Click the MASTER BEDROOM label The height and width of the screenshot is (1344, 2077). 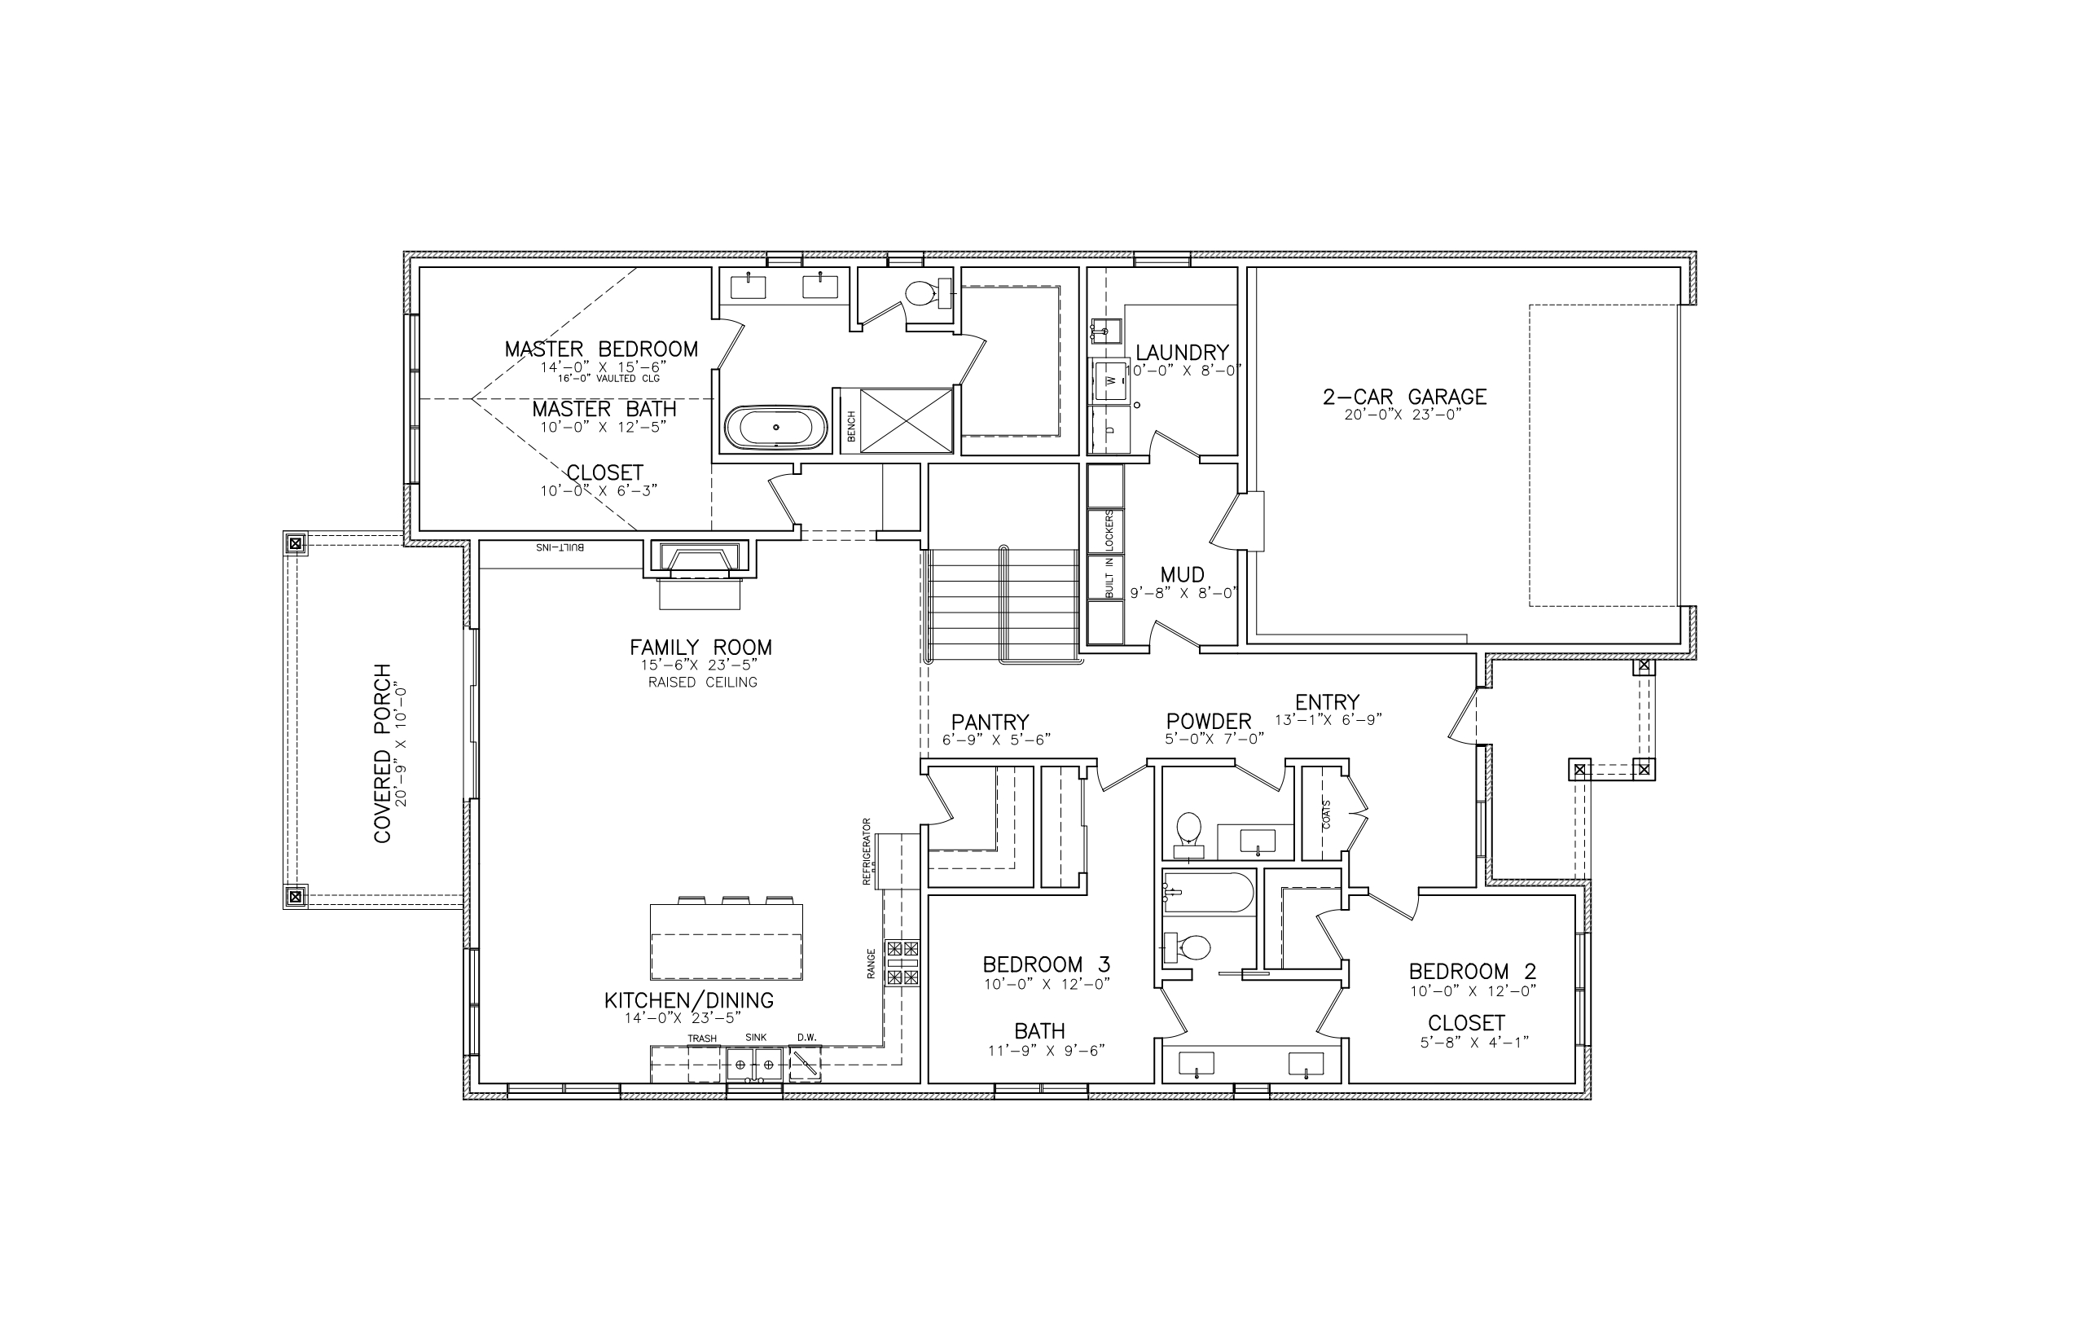click(601, 349)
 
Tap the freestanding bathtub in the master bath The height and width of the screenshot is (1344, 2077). click(775, 428)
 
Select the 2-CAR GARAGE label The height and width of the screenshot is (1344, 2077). click(1404, 397)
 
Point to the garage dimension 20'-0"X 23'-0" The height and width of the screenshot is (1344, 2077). click(1403, 415)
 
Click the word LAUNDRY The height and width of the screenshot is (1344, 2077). click(1183, 353)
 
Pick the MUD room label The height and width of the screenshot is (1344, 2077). click(1183, 575)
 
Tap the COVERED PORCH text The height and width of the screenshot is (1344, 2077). click(382, 754)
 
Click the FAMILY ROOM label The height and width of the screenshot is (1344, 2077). click(700, 648)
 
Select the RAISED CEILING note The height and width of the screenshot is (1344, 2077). click(702, 683)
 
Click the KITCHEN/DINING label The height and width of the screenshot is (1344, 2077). click(689, 1000)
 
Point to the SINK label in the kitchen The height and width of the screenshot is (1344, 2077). click(756, 1038)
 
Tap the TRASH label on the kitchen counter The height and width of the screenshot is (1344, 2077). click(701, 1039)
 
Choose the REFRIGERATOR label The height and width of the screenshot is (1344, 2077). click(867, 852)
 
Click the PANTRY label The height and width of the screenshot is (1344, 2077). click(990, 723)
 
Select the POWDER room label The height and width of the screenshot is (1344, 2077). click(1209, 722)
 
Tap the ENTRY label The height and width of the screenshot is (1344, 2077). click(1328, 702)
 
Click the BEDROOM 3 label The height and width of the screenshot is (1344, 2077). click(1047, 964)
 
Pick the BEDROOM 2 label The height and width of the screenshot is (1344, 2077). click(1473, 971)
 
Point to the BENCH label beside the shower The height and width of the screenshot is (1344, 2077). click(851, 425)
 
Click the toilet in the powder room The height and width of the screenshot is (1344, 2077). click(1188, 834)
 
